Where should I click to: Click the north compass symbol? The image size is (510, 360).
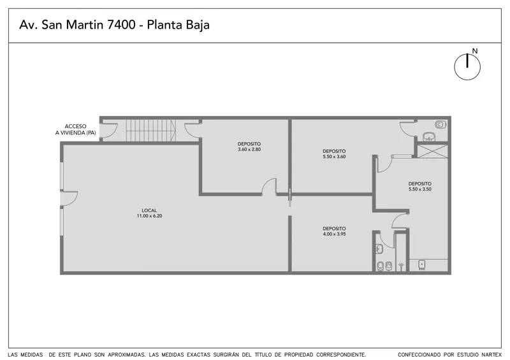click(467, 67)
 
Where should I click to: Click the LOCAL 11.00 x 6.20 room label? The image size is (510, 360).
click(149, 213)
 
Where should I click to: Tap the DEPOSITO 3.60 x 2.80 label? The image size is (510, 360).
click(249, 147)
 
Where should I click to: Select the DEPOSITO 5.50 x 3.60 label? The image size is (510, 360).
click(334, 154)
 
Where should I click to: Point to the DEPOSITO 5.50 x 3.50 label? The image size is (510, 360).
click(420, 186)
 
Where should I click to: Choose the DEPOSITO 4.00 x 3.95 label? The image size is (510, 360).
click(334, 231)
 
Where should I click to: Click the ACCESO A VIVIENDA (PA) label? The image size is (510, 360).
click(75, 129)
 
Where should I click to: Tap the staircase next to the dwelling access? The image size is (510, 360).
click(151, 131)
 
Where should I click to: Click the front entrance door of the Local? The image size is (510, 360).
click(69, 198)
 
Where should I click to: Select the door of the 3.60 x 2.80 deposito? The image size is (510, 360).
click(269, 186)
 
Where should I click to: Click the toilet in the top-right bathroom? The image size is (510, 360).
click(440, 124)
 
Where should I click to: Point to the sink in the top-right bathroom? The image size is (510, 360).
click(430, 136)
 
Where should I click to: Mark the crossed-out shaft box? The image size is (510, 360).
click(433, 151)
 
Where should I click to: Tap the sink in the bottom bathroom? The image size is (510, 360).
click(379, 248)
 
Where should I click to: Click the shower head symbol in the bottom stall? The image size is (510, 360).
click(402, 266)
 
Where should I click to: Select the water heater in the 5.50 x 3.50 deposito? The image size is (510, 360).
click(422, 265)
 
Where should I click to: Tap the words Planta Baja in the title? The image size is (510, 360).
click(178, 25)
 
